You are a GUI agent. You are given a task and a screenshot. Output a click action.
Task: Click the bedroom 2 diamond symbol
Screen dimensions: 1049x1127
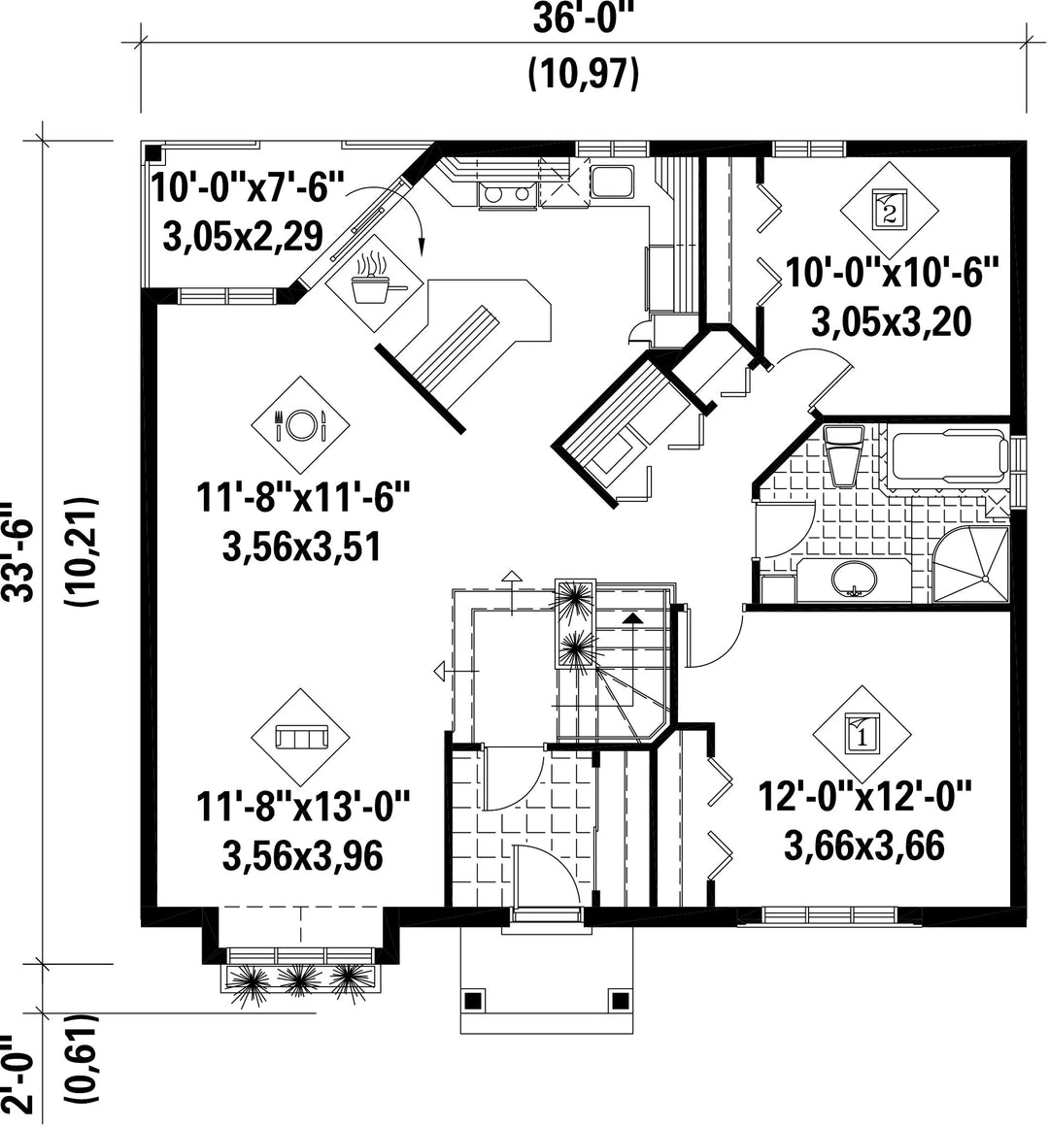point(890,209)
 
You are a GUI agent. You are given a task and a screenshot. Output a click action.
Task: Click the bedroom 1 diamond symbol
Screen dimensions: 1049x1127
point(863,735)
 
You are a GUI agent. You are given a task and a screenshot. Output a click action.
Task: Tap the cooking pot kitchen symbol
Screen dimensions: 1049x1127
point(374,283)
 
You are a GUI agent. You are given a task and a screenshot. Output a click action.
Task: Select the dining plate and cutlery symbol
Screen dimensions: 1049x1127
point(300,425)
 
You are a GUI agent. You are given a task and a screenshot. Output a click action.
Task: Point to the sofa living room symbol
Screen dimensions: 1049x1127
point(300,738)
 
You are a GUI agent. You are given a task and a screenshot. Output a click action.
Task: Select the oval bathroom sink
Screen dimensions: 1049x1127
point(854,579)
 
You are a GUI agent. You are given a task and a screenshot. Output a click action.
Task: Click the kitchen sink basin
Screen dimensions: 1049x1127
point(612,181)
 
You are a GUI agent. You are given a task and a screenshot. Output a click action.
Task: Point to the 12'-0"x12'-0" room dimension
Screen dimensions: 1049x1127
point(865,796)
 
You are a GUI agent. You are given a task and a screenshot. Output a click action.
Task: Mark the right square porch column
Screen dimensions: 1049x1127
point(619,999)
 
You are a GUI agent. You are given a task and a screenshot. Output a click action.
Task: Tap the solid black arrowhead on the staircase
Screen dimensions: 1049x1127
point(632,617)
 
